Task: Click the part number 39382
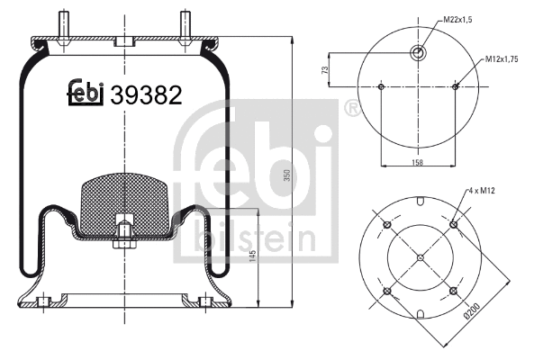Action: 147,93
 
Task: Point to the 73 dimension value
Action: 325,69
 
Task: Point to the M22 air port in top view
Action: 419,53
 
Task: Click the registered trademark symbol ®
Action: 352,110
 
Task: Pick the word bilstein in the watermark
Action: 253,239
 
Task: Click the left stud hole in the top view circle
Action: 383,87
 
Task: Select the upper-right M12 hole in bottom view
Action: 455,224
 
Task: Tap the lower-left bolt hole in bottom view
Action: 386,292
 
